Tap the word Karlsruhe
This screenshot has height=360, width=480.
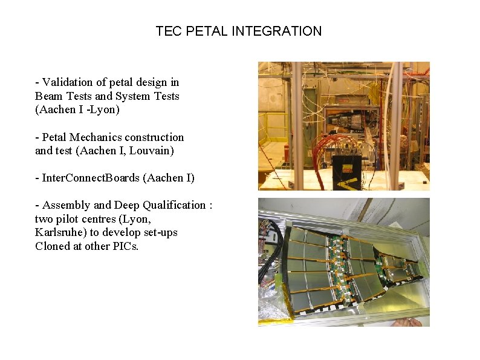tap(59, 232)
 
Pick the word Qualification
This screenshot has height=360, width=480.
tap(174, 205)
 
